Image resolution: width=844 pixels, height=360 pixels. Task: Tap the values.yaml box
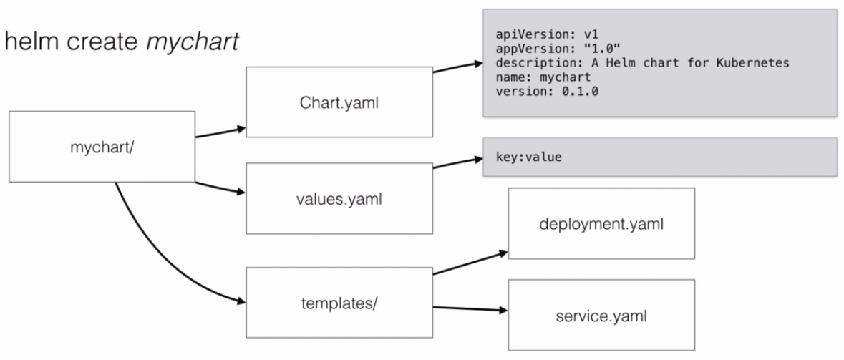tap(339, 198)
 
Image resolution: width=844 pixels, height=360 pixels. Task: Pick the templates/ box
tap(339, 303)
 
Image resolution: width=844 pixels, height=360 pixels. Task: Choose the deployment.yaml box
tap(601, 224)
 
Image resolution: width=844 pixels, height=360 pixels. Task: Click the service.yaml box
tap(601, 315)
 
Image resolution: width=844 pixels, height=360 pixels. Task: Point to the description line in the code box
tap(641, 62)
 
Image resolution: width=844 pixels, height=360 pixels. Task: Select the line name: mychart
tap(543, 77)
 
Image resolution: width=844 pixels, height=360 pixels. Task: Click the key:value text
tap(528, 157)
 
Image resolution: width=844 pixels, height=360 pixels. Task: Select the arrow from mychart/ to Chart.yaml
tap(220, 132)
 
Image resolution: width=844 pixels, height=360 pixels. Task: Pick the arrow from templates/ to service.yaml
tap(468, 309)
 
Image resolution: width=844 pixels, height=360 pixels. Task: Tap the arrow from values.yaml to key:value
tap(458, 162)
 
